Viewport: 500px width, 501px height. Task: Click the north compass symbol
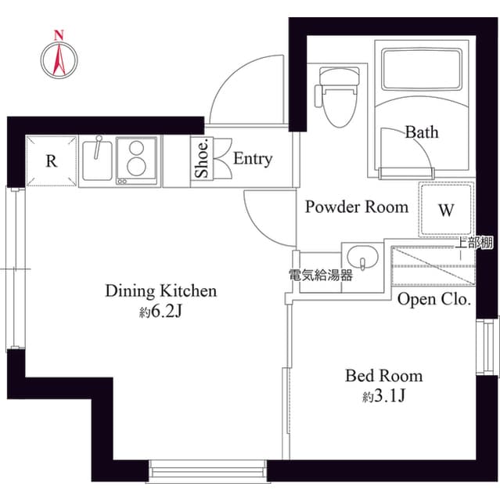pos(58,56)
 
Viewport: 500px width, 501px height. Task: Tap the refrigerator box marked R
pos(52,161)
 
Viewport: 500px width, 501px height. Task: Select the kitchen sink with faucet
pos(98,160)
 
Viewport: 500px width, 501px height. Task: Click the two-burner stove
pos(137,160)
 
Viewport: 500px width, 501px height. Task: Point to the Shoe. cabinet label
pos(202,159)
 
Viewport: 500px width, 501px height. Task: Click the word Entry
pos(253,159)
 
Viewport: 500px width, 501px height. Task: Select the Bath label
pos(421,132)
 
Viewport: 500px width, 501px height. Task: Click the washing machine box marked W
pos(446,209)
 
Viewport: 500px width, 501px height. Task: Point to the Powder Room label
pos(356,207)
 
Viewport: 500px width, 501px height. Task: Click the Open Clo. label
pos(433,299)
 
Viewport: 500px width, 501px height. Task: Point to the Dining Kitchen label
pos(160,291)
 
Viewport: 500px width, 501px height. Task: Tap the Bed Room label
pos(383,376)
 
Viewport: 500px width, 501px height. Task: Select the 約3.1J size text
pos(383,397)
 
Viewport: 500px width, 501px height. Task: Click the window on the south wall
pos(207,471)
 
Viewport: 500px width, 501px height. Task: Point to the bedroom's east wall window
pos(487,345)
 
